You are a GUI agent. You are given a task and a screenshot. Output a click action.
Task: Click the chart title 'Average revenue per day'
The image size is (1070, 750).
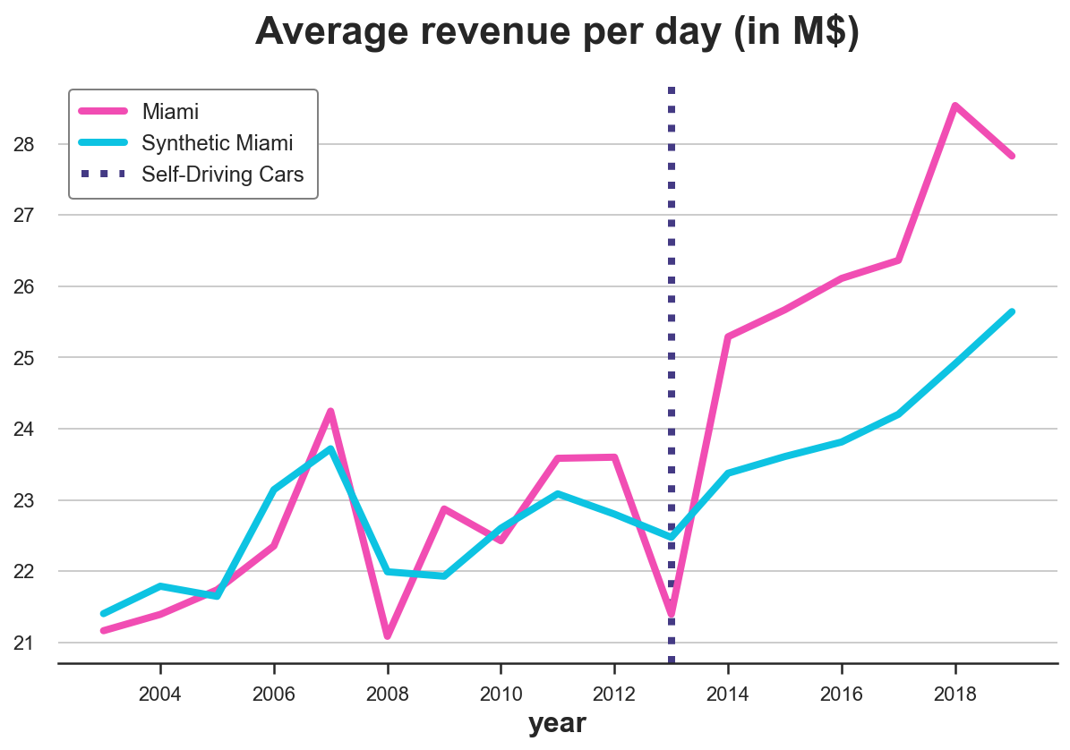(557, 32)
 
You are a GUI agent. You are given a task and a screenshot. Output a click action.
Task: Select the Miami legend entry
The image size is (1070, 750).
(170, 112)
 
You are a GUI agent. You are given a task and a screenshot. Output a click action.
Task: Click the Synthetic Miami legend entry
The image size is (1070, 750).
(218, 143)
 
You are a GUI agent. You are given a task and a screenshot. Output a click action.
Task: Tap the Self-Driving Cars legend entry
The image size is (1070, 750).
(223, 175)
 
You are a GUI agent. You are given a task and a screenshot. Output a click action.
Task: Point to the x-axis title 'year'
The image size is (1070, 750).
(557, 723)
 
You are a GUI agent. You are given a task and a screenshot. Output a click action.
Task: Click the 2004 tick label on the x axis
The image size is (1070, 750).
(160, 695)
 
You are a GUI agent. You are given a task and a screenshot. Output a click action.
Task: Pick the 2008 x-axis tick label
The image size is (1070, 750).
(388, 695)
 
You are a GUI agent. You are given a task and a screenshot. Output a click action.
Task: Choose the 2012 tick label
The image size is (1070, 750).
(614, 695)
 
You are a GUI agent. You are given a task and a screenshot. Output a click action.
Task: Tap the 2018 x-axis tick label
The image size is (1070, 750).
(955, 695)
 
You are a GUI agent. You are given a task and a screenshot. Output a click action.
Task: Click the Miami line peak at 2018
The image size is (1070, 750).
(955, 106)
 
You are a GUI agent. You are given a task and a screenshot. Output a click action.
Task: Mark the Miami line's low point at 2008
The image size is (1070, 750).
(388, 636)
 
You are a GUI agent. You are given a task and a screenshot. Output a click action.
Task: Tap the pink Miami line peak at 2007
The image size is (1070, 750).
(330, 412)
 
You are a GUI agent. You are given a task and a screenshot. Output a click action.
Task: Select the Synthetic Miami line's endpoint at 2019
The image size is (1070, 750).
(1012, 311)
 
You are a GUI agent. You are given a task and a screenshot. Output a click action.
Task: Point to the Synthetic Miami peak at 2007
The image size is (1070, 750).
(330, 448)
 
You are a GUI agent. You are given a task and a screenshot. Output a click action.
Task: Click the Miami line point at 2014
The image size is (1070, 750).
(728, 337)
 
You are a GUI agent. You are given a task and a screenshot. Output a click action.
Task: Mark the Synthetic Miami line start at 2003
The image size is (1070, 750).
(104, 614)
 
